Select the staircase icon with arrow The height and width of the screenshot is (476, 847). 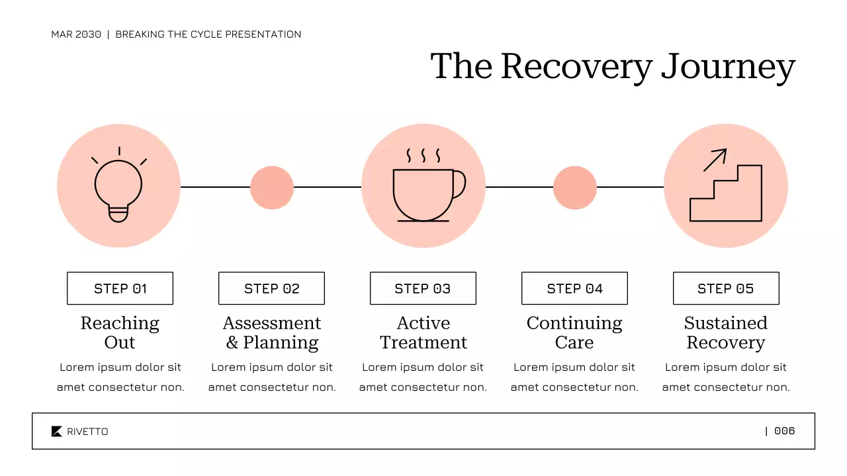[x=726, y=192]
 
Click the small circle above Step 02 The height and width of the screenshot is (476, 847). [x=272, y=188]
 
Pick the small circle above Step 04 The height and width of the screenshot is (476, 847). [x=575, y=188]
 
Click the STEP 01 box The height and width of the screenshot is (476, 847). [x=120, y=288]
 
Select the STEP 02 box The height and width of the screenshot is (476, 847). [x=271, y=288]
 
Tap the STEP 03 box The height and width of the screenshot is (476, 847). [x=423, y=288]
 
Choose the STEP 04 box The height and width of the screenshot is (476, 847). [x=574, y=288]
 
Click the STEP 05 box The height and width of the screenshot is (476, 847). [x=726, y=288]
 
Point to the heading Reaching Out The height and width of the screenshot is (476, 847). [x=120, y=333]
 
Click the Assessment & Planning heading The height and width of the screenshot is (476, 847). [x=271, y=333]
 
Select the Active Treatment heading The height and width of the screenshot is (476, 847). [x=423, y=333]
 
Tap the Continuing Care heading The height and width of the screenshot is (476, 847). [x=574, y=333]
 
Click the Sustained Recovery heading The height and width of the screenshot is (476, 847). [x=726, y=333]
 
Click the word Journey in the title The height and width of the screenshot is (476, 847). [x=728, y=67]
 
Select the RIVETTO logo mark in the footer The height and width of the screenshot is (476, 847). [x=57, y=432]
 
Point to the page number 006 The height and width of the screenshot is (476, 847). [x=784, y=431]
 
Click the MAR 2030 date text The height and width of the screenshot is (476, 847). [x=76, y=34]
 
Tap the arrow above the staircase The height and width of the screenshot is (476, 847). [x=715, y=160]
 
